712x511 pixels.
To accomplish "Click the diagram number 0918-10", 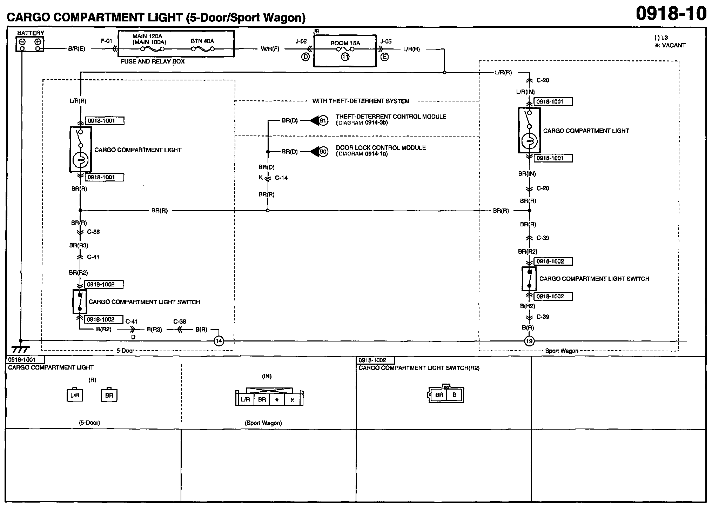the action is (x=671, y=14).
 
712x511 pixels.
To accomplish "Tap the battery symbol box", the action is (x=30, y=44).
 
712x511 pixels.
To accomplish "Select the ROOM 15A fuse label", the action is (x=345, y=43).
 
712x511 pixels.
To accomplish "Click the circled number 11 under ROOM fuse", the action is (x=345, y=57).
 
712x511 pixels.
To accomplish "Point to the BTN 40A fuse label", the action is (x=202, y=41).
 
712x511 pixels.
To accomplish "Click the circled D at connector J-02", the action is (x=306, y=57).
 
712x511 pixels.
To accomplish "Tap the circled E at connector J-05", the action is (x=385, y=57).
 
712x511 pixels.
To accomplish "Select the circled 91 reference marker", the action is (x=323, y=121).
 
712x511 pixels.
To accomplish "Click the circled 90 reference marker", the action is (x=323, y=152).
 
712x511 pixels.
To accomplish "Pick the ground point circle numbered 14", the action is (x=219, y=341).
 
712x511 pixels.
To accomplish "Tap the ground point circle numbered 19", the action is (x=529, y=341).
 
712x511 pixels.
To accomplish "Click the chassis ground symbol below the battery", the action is (x=20, y=349).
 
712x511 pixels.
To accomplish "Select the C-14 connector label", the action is (x=281, y=178).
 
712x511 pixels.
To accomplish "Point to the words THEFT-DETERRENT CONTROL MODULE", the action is (x=391, y=117).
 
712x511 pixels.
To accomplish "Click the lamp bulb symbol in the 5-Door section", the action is (x=80, y=161).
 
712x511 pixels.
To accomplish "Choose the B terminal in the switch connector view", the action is (x=454, y=395).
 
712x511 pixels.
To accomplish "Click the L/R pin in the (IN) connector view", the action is (x=245, y=399).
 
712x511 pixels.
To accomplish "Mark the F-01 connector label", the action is (x=106, y=41).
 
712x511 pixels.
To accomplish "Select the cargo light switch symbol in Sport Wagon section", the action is (x=529, y=279).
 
